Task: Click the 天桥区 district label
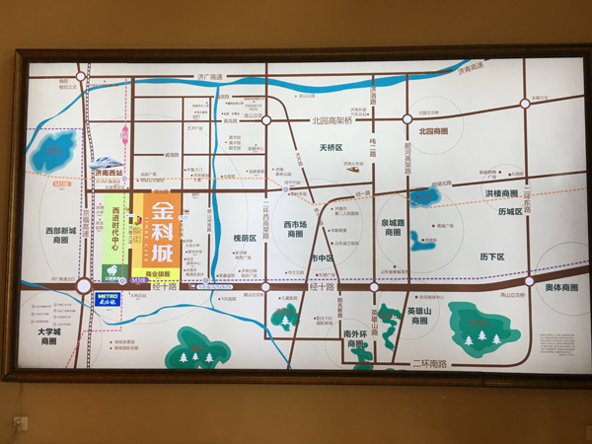point(330,147)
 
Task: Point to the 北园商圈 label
point(432,131)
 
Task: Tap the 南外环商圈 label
point(355,338)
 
